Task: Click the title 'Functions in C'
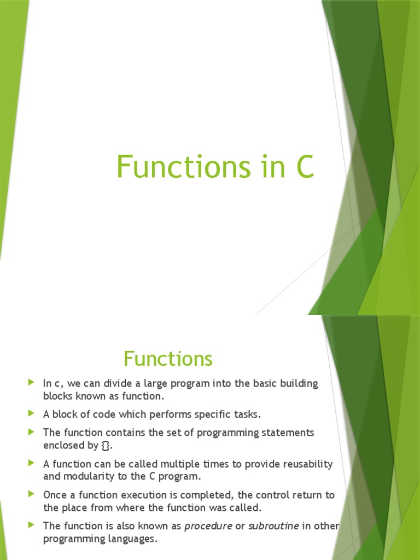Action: (215, 167)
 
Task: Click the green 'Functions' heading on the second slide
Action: (168, 359)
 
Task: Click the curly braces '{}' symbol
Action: (106, 445)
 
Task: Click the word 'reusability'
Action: (307, 464)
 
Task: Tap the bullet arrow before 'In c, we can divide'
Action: (31, 383)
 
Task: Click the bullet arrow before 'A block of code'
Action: (31, 414)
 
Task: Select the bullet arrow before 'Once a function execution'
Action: (31, 494)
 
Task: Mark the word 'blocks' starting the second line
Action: (57, 396)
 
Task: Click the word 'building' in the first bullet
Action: (298, 383)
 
